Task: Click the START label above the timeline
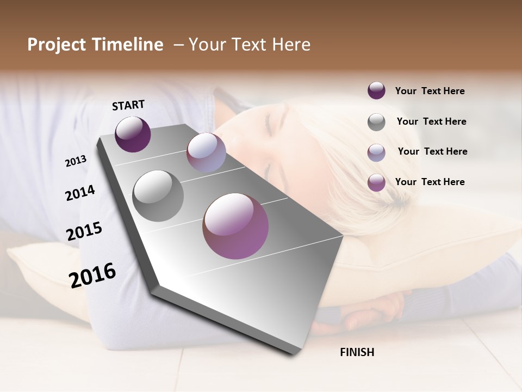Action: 128,105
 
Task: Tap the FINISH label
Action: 357,352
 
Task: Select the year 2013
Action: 76,161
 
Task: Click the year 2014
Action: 80,193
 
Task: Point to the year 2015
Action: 84,231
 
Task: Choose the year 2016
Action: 92,275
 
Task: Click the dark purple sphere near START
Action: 133,134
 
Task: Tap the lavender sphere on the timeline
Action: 206,152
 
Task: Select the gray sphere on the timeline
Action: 158,195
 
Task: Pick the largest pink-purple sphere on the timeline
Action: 235,226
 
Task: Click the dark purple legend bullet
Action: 376,90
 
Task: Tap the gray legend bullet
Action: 376,122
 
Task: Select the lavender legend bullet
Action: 376,152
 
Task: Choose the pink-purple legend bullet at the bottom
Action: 376,182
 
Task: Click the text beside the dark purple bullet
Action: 430,91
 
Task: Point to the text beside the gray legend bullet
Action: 431,121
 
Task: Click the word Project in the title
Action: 57,45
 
